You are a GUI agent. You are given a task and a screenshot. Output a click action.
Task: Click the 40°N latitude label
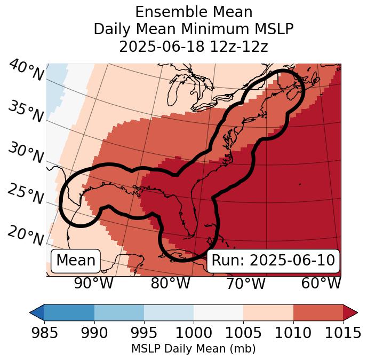pyautogui.click(x=26, y=70)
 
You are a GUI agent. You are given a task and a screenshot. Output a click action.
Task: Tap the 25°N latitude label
pyautogui.click(x=26, y=194)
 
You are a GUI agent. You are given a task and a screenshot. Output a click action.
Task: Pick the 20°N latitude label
pyautogui.click(x=26, y=235)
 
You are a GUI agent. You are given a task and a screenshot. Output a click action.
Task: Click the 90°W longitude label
pyautogui.click(x=94, y=284)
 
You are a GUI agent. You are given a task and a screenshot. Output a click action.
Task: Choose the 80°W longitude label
pyautogui.click(x=170, y=284)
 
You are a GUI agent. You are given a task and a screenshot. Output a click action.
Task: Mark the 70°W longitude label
pyautogui.click(x=246, y=284)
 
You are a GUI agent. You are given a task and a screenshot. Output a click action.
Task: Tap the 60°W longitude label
pyautogui.click(x=321, y=284)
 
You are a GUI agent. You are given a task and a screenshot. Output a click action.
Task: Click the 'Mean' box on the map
pyautogui.click(x=76, y=261)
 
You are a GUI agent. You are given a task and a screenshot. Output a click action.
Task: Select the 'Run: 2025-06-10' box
pyautogui.click(x=273, y=261)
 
